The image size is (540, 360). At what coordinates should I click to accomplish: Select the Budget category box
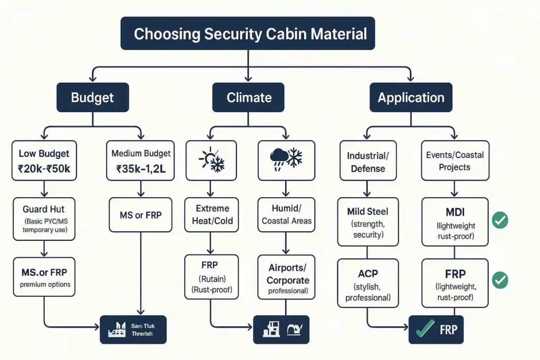point(92,98)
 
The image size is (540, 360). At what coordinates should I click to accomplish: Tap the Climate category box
point(249,98)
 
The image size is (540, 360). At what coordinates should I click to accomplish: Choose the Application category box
point(411,98)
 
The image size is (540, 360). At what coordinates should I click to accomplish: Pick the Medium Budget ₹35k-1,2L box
point(141,160)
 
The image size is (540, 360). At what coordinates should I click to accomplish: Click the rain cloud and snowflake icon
point(286,160)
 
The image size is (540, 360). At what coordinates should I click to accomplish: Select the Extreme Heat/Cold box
point(211,215)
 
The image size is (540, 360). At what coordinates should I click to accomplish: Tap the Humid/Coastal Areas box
point(286,215)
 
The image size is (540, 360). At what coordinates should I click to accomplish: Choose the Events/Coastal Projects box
point(455,161)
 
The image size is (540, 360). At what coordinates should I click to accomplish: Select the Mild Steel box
point(368,222)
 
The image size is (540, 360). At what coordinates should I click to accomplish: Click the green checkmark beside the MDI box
point(499,220)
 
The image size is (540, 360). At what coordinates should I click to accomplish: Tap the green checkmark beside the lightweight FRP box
point(499,280)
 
